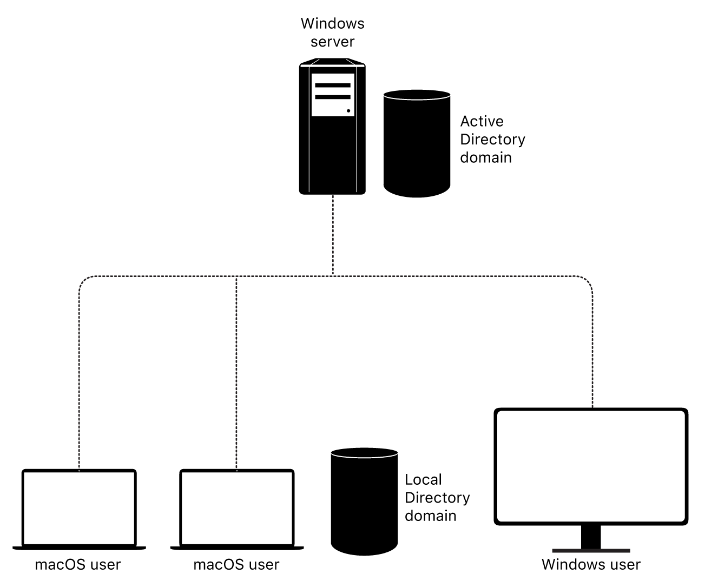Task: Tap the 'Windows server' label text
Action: [332, 32]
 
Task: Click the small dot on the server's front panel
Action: [348, 111]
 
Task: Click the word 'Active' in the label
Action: [482, 121]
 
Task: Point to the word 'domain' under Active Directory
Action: [485, 157]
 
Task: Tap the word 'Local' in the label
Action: [423, 480]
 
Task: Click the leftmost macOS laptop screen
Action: [79, 507]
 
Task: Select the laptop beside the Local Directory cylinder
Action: [237, 507]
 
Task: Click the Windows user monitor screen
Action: [591, 466]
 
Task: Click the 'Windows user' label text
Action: [591, 565]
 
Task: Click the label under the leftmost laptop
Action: [78, 565]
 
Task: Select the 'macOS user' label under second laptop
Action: [236, 565]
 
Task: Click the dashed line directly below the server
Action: [333, 235]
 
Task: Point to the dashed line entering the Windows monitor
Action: [592, 379]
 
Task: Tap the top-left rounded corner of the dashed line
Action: [83, 282]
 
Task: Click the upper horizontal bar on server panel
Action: [332, 85]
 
